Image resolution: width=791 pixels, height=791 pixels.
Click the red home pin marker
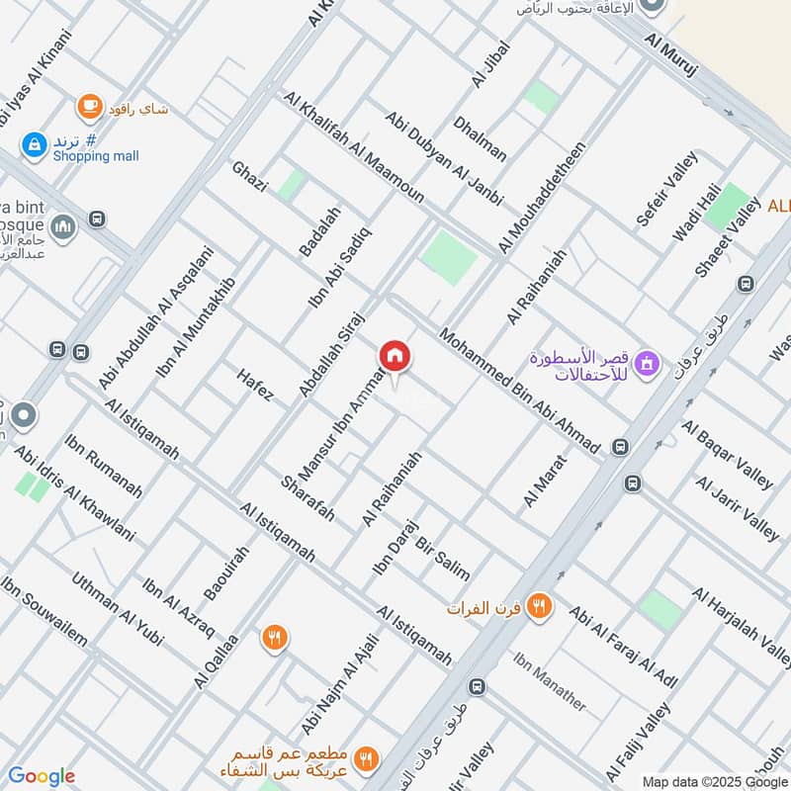(395, 357)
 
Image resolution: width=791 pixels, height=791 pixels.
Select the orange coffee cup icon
(90, 106)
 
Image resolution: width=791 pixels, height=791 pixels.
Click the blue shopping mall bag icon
(35, 144)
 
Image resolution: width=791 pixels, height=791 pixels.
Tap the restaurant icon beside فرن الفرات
(539, 605)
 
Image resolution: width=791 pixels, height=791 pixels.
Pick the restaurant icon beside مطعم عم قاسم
(367, 758)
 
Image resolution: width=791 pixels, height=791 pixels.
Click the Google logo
(42, 776)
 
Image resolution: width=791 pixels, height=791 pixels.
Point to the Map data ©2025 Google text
(713, 779)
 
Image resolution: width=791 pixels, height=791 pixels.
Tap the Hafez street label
(254, 385)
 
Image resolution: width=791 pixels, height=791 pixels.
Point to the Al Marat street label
(545, 481)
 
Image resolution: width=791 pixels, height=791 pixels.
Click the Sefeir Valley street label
(667, 189)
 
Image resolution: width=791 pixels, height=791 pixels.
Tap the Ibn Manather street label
(550, 681)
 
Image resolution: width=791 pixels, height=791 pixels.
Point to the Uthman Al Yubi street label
(117, 609)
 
